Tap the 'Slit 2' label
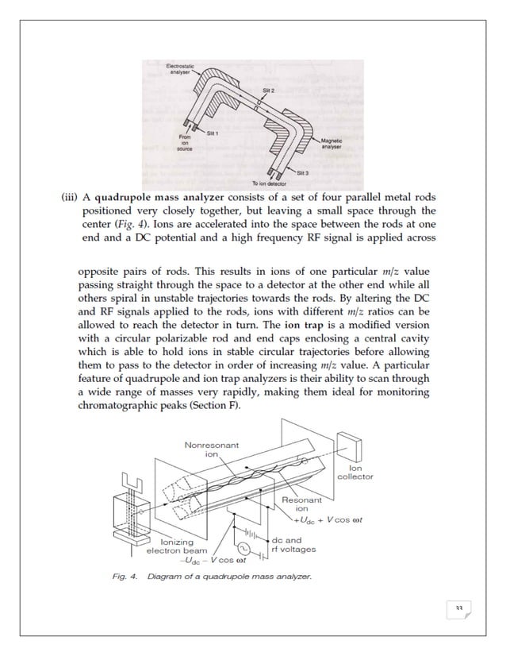[x=268, y=91]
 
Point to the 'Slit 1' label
[x=212, y=133]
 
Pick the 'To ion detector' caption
[x=270, y=184]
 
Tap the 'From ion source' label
[x=184, y=143]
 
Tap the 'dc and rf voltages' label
[x=293, y=545]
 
